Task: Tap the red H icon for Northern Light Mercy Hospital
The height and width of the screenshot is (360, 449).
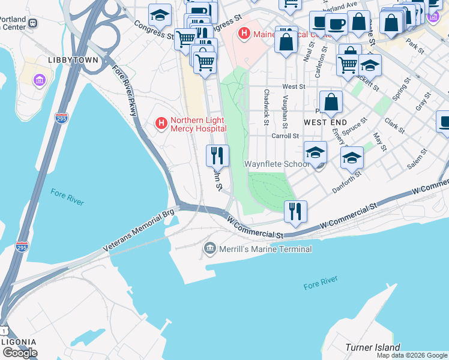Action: pyautogui.click(x=161, y=124)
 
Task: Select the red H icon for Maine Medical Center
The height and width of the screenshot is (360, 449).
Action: pyautogui.click(x=243, y=34)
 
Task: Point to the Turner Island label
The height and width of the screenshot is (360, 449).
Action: pyautogui.click(x=372, y=347)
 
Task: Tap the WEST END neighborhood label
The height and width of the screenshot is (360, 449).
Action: pyautogui.click(x=325, y=122)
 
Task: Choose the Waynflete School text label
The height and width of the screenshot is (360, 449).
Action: pyautogui.click(x=277, y=164)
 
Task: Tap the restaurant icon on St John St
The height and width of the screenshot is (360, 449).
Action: pyautogui.click(x=217, y=156)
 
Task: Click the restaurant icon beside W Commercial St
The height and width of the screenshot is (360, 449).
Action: pyautogui.click(x=295, y=211)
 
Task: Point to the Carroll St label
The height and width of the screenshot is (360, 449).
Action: pyautogui.click(x=285, y=136)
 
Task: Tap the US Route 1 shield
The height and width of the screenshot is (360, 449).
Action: pyautogui.click(x=4, y=331)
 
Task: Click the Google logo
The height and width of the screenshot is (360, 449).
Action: pyautogui.click(x=20, y=353)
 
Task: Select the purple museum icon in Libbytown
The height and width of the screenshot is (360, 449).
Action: pyautogui.click(x=40, y=79)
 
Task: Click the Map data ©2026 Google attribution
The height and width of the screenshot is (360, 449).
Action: pyautogui.click(x=412, y=355)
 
